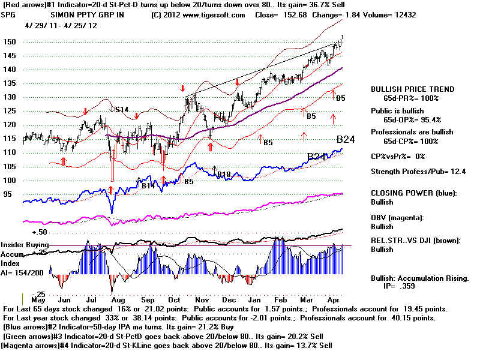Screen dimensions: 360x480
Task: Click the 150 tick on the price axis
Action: coord(10,42)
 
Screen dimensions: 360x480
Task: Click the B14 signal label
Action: coord(148,186)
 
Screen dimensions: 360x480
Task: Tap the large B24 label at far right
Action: coord(347,139)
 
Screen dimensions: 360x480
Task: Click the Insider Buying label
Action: coord(24,245)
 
